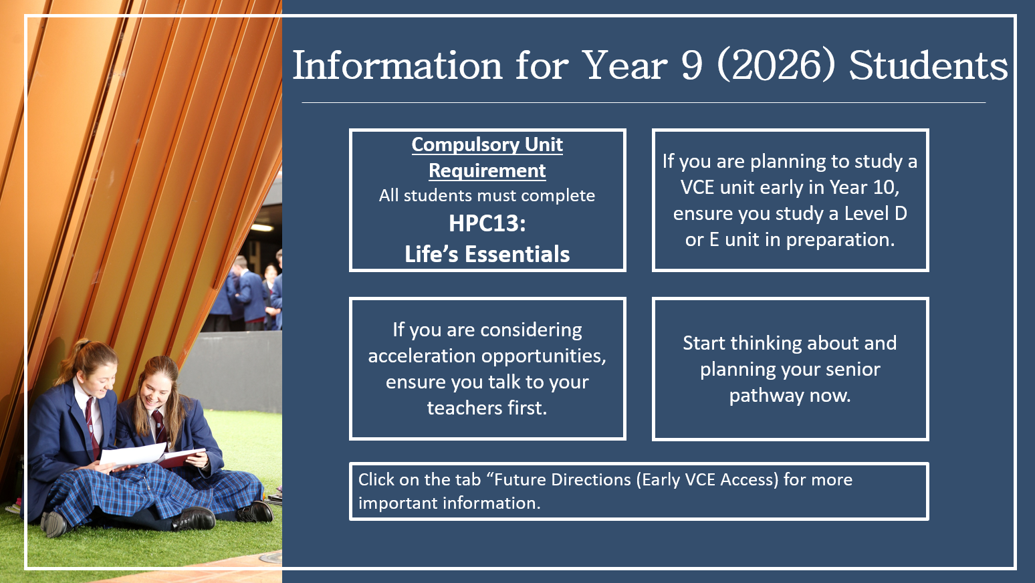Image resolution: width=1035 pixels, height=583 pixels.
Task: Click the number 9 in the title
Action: click(691, 66)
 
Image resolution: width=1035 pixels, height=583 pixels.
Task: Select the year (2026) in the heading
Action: click(776, 66)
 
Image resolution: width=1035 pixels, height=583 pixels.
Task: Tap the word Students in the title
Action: click(928, 66)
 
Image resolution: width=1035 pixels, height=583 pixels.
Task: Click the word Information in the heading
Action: click(397, 66)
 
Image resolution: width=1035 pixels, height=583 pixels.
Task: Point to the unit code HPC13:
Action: click(487, 223)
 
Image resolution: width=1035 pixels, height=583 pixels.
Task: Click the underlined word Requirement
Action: click(487, 171)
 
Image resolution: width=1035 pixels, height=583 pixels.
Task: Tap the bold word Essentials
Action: click(517, 254)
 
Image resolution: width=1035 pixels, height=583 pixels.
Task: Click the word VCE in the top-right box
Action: click(697, 187)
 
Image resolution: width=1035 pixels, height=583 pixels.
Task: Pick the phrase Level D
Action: click(876, 213)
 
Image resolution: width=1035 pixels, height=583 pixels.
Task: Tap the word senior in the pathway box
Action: click(852, 370)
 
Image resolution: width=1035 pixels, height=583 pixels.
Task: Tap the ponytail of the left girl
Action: click(74, 360)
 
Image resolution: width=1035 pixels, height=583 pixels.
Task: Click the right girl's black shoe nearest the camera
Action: click(194, 518)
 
